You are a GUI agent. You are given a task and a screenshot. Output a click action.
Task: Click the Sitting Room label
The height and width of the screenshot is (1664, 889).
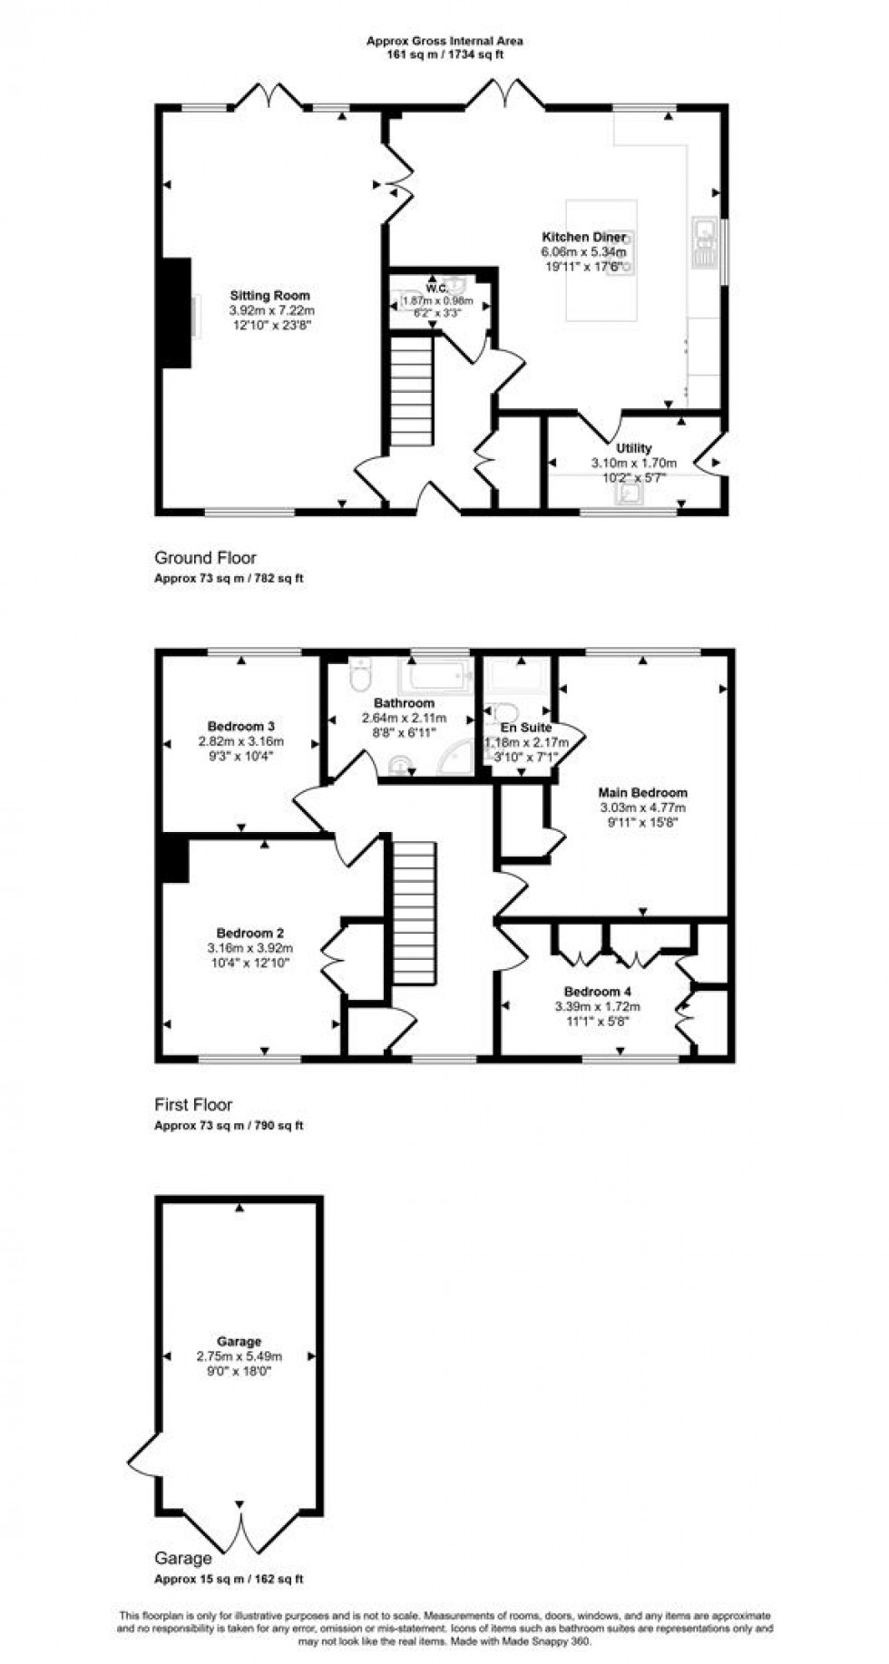269,296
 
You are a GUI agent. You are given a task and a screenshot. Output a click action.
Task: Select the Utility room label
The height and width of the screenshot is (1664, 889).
633,448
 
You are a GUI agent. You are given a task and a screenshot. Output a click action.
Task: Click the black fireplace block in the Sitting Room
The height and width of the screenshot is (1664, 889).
176,313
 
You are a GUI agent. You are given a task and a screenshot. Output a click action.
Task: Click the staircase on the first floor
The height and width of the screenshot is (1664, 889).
415,911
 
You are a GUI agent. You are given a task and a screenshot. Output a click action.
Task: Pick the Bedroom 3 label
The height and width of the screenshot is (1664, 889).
241,727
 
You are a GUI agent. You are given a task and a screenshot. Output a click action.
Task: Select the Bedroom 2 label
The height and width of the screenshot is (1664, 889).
250,934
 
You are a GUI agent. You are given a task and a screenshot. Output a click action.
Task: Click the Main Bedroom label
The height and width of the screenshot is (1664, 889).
643,793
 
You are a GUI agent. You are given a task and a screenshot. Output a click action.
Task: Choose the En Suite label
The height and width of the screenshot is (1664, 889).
525,729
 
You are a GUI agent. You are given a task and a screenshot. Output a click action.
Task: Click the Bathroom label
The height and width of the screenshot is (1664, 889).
405,703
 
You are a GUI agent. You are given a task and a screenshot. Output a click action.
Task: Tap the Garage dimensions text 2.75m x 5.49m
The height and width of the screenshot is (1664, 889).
239,1356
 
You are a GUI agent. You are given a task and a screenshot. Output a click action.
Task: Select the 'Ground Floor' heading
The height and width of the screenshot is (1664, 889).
205,558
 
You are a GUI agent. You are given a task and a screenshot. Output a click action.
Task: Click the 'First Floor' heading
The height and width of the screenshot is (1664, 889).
193,1105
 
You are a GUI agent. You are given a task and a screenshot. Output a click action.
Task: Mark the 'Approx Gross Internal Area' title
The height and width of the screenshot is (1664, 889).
444,41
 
